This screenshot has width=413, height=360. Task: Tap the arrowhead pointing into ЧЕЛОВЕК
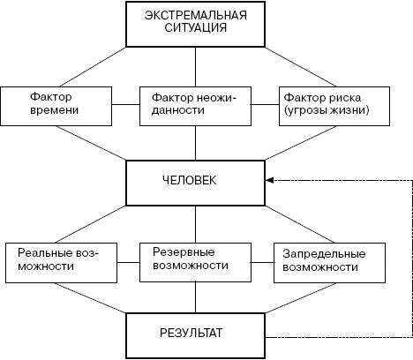[x=268, y=180]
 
